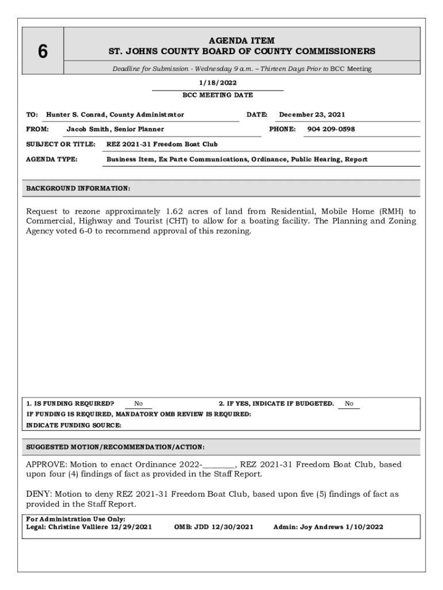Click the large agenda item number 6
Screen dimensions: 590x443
coord(43,52)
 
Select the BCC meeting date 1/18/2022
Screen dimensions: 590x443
coord(217,83)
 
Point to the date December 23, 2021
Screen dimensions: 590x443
coord(312,115)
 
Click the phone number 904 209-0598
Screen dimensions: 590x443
coord(331,129)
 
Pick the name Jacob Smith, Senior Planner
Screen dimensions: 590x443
coord(115,129)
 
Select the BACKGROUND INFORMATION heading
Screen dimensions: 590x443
coord(78,188)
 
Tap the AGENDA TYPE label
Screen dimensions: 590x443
coord(52,159)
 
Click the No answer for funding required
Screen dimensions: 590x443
coord(139,404)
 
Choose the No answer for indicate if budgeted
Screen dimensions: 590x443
coord(349,404)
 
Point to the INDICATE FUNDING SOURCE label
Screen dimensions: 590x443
coord(74,425)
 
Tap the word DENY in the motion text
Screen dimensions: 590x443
coord(37,494)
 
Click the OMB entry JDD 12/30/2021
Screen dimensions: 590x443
coord(213,527)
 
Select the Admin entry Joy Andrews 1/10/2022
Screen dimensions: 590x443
coord(328,527)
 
